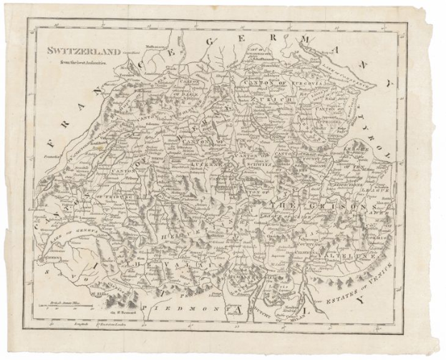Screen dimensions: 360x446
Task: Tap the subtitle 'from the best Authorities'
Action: coord(77,62)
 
